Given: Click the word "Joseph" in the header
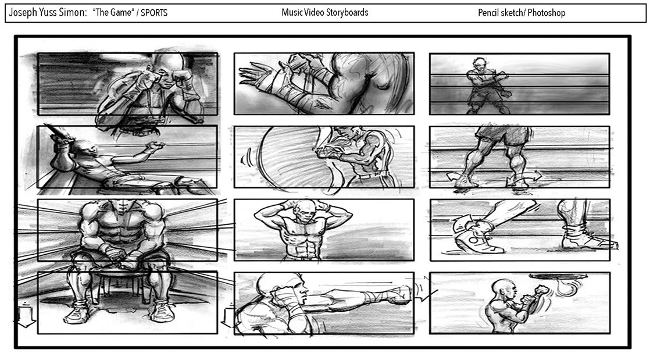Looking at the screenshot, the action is click(x=23, y=12).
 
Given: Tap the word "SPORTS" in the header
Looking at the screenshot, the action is click(x=154, y=12).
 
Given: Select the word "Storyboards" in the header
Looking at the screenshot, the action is click(x=347, y=12).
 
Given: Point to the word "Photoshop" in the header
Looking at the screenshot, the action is click(x=547, y=13).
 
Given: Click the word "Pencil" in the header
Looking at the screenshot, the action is click(x=488, y=12).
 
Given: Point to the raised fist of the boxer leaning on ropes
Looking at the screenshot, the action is click(x=156, y=146).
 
